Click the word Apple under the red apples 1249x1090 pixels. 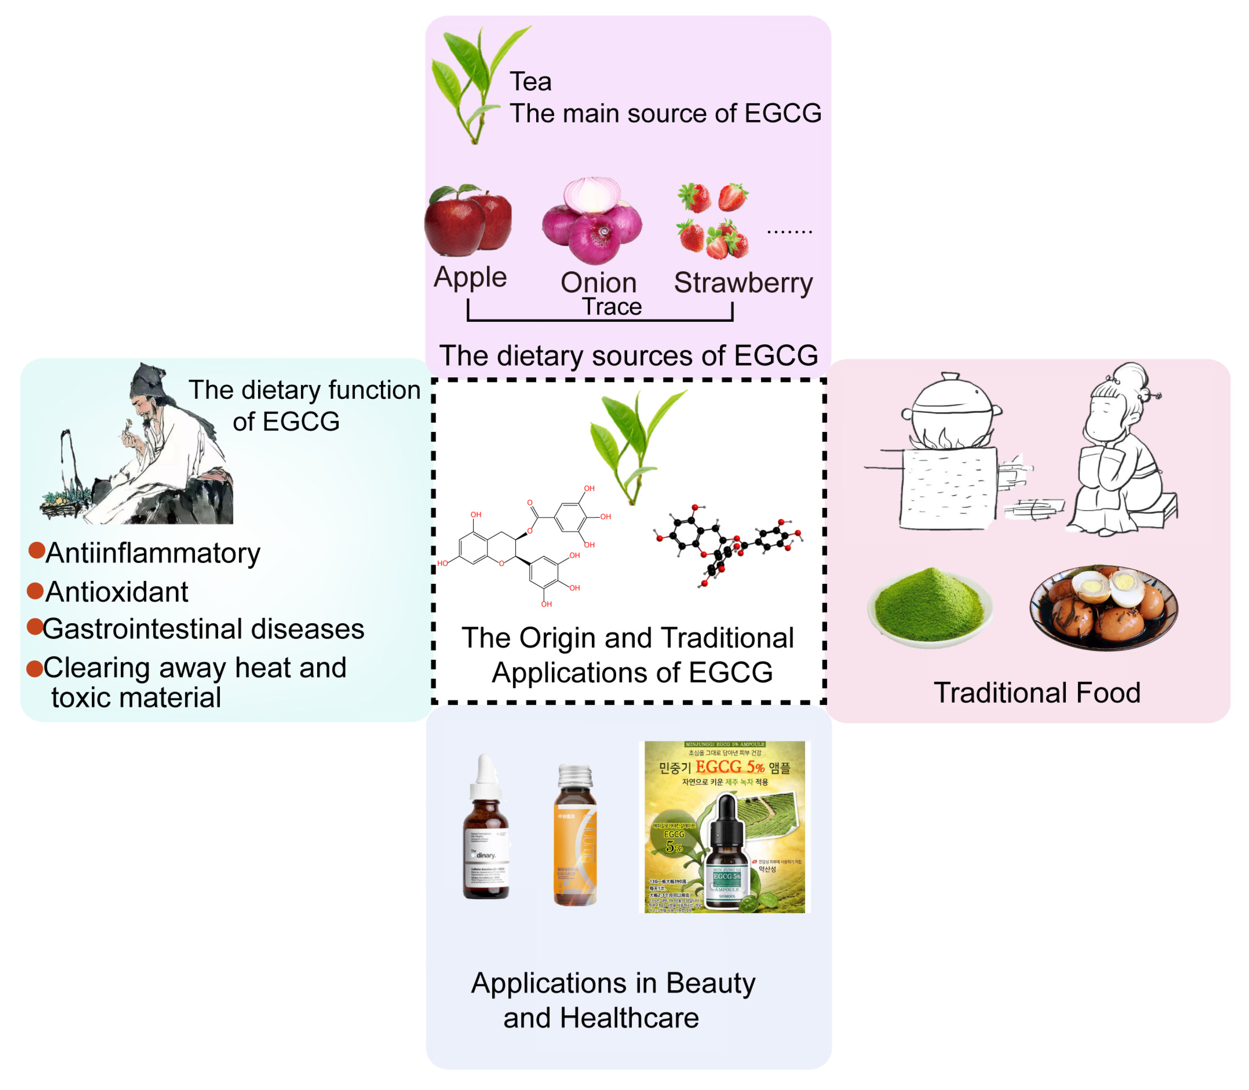(470, 277)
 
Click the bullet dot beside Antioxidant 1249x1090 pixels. (35, 591)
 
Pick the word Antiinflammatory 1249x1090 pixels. (153, 553)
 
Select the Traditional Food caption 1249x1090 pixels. (1037, 693)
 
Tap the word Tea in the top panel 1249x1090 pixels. (530, 82)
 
